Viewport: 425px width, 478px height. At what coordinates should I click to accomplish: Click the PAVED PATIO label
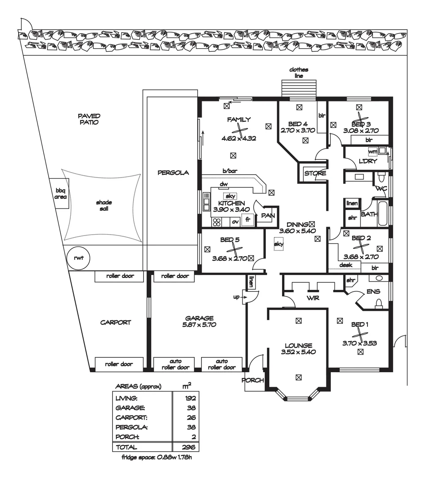88,119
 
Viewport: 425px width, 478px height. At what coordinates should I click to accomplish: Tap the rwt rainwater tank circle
79,258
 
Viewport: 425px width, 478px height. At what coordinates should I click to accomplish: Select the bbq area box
59,193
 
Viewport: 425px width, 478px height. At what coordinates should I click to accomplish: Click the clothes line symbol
299,89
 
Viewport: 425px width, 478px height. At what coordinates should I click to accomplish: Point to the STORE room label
315,173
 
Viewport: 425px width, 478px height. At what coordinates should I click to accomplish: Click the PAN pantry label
268,216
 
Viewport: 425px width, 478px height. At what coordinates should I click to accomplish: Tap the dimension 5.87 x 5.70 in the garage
199,325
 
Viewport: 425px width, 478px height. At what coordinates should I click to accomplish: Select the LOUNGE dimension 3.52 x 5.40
298,352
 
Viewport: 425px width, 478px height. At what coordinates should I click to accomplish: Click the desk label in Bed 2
345,265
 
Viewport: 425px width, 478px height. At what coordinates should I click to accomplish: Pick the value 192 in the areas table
191,398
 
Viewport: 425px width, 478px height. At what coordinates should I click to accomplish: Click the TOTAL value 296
188,447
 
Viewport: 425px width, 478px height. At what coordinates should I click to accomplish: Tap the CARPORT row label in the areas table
131,418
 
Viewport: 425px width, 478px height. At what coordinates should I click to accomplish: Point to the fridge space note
157,457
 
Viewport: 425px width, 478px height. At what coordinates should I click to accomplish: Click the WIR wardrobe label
313,298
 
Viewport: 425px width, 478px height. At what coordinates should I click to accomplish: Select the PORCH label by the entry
253,380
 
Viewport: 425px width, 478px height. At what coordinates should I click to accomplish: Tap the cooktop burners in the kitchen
217,222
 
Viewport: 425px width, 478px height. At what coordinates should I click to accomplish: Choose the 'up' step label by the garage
236,297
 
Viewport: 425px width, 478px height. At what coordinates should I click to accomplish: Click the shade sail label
104,205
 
